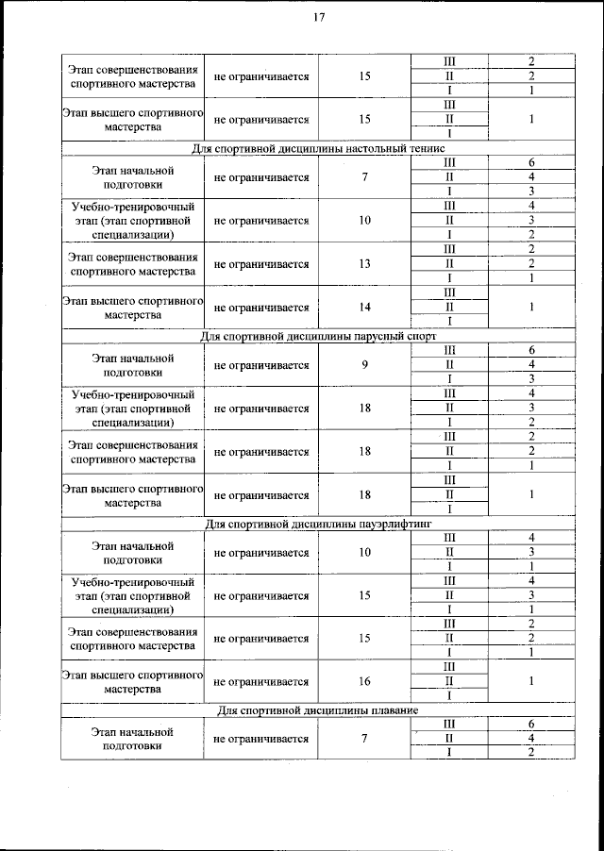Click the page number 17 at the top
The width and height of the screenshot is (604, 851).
319,16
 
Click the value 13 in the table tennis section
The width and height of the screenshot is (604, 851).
364,263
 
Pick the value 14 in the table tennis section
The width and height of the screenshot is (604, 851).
364,307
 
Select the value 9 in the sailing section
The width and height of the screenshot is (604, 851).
364,364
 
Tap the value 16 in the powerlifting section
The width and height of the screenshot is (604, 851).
364,680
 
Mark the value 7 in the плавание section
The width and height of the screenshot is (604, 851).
364,737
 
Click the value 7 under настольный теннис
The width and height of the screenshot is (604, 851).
364,177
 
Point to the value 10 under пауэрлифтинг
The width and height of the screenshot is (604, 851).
364,551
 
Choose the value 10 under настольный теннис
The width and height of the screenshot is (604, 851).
364,221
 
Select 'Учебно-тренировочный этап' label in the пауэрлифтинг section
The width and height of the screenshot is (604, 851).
132,595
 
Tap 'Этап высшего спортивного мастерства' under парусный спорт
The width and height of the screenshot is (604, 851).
132,495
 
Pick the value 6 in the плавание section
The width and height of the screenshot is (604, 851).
531,723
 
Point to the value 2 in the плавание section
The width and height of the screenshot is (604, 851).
531,751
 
